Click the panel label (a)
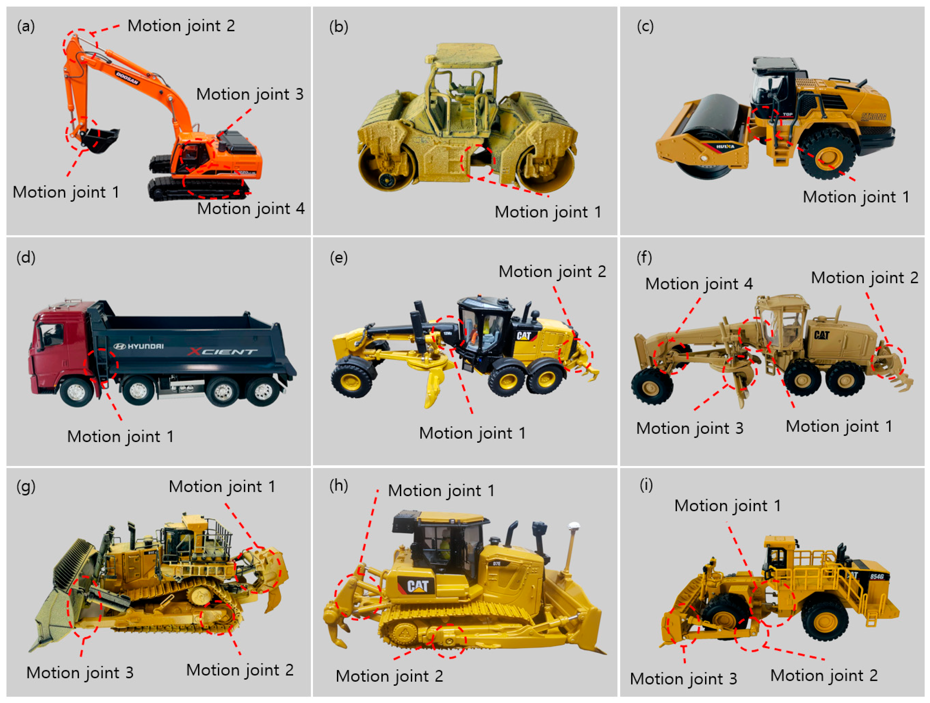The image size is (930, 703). coord(26,26)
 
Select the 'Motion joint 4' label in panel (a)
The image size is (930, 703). coord(251,209)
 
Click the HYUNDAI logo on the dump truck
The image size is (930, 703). coord(139,346)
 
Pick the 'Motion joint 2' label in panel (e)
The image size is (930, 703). coord(552,272)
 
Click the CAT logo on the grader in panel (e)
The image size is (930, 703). coord(524,335)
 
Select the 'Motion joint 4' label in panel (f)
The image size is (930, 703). coord(699,284)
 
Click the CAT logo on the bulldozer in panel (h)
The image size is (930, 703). coord(417,586)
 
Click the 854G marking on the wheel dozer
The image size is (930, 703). coord(876,576)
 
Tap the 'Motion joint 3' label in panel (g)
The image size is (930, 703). coord(80,673)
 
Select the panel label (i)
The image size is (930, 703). coord(646,485)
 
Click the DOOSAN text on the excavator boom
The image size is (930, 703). coord(127,78)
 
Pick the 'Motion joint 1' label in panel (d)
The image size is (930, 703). coord(121,436)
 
